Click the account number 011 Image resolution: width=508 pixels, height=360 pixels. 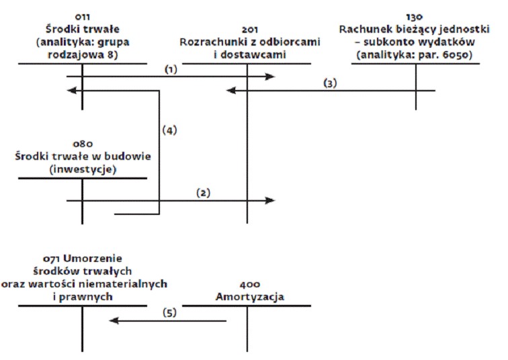pyautogui.click(x=82, y=17)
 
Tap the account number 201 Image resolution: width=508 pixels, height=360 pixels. pyautogui.click(x=250, y=30)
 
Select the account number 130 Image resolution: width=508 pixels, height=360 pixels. pyautogui.click(x=414, y=17)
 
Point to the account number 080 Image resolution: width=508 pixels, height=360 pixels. pyautogui.click(x=83, y=144)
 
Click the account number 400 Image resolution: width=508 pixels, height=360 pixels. pyautogui.click(x=250, y=285)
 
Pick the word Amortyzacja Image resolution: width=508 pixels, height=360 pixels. pyautogui.click(x=250, y=297)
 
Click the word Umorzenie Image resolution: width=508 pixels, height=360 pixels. pyautogui.click(x=93, y=259)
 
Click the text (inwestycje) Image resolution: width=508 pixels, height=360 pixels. pyautogui.click(x=83, y=169)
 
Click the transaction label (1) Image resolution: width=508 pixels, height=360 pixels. pyautogui.click(x=171, y=69)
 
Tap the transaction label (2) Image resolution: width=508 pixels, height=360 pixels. pyautogui.click(x=204, y=193)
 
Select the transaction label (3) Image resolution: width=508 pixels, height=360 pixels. pyautogui.click(x=330, y=83)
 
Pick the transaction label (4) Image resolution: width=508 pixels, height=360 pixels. pyautogui.click(x=169, y=130)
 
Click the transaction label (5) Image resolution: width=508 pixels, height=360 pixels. pyautogui.click(x=169, y=313)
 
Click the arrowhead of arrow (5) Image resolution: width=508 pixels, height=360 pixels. pyautogui.click(x=114, y=321)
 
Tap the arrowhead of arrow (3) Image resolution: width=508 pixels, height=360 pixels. pyautogui.click(x=230, y=91)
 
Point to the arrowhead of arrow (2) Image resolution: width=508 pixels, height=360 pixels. pyautogui.click(x=270, y=200)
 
